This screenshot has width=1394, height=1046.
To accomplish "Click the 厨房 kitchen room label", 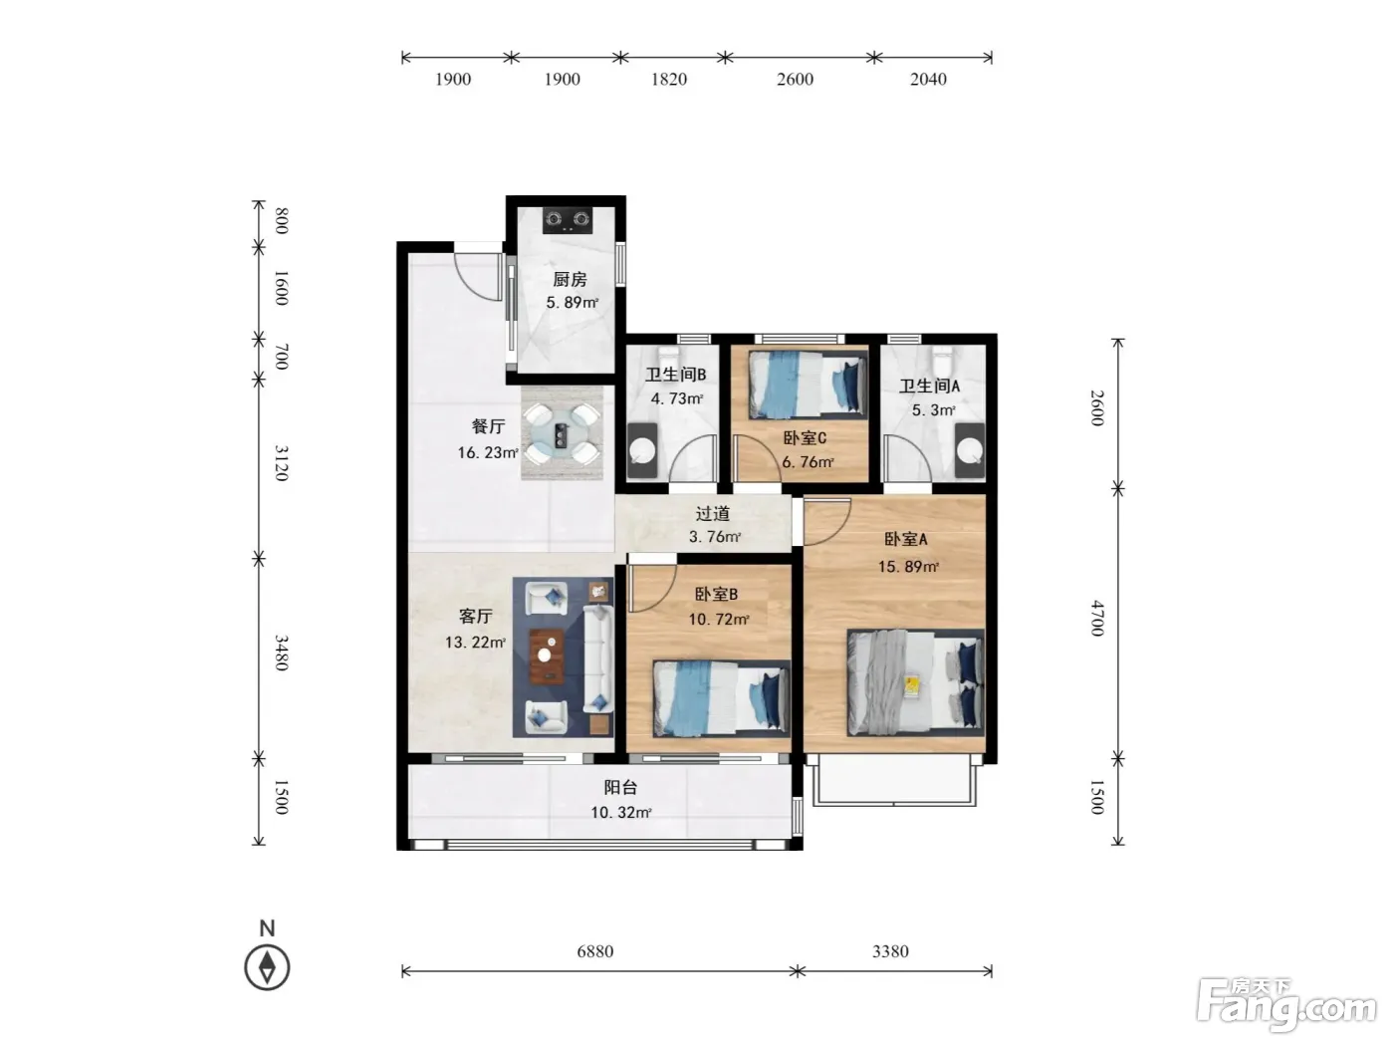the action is point(569,279).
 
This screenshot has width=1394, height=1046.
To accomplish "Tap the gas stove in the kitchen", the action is point(568,220).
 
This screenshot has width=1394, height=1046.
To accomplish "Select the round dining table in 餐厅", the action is point(562,434).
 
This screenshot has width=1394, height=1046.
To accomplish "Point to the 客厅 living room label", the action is point(475,616).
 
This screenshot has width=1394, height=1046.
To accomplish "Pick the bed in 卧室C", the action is point(808,385).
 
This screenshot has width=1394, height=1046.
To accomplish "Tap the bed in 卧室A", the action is point(915,682).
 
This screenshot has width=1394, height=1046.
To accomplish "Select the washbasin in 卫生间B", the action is point(641,450).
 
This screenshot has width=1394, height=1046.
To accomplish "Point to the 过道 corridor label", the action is point(713,513).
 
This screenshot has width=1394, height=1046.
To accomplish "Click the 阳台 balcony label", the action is point(620,788).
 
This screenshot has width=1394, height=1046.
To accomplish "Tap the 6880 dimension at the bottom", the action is point(595,951).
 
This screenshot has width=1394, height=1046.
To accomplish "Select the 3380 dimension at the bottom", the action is point(890,951).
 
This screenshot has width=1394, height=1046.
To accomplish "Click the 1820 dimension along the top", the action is point(669,80).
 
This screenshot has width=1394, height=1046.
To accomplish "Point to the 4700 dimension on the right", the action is point(1097,618).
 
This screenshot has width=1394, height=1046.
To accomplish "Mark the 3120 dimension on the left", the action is point(282,463).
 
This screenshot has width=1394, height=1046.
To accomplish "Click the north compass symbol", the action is point(267,967).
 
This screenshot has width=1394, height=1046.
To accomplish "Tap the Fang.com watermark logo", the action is point(1286,1005).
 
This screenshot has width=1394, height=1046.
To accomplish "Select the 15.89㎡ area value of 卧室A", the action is point(908,567).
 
